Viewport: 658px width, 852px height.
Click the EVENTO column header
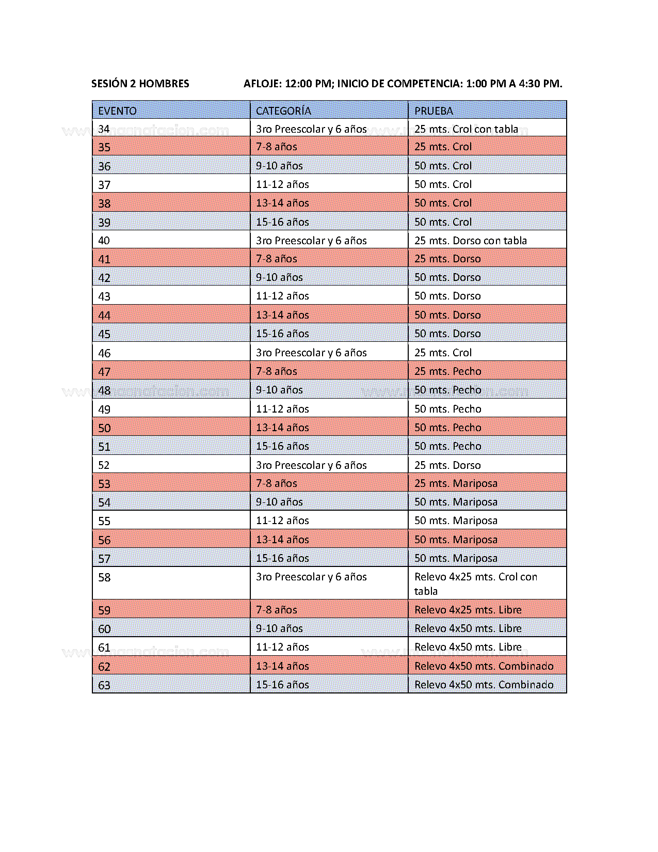point(117,111)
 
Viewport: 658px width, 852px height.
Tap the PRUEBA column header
point(434,111)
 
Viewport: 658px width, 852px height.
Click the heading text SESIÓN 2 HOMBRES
point(140,84)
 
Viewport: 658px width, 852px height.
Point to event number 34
point(104,129)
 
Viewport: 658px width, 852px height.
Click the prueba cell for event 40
point(470,241)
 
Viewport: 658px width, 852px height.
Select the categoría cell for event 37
point(282,184)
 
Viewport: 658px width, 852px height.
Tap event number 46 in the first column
point(104,353)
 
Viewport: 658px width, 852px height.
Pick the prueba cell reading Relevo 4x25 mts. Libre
point(468,610)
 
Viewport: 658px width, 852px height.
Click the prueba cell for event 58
point(475,583)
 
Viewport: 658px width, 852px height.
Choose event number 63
point(104,685)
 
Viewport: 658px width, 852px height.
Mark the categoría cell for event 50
point(282,428)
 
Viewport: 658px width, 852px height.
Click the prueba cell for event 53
point(456,483)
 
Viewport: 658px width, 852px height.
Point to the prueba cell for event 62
point(484,666)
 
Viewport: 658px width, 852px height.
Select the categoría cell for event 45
point(282,334)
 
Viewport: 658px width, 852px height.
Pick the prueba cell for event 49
point(447,409)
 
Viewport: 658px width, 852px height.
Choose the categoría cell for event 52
point(311,465)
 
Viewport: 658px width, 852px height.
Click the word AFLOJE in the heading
point(262,84)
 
